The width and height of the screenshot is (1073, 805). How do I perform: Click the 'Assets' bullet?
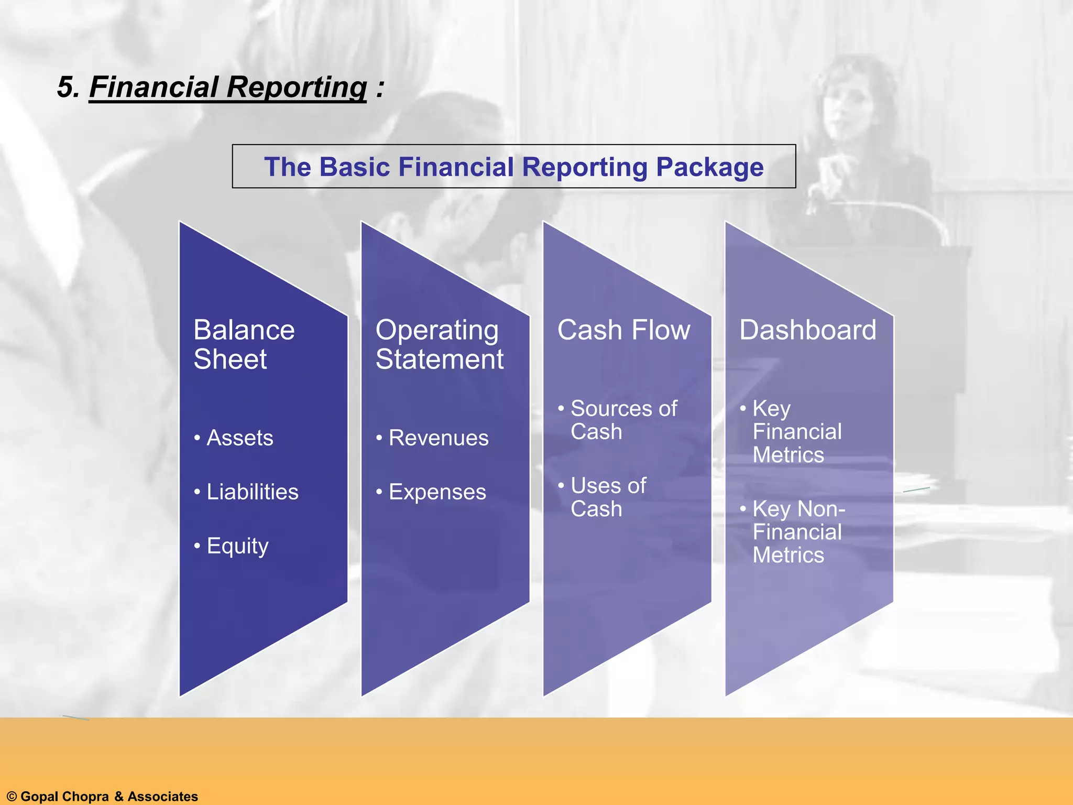(x=239, y=438)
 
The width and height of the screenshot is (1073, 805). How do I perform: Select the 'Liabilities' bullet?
(x=252, y=492)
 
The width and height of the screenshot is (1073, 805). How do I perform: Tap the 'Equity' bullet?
(x=237, y=546)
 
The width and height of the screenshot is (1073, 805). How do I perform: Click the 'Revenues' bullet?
(x=438, y=438)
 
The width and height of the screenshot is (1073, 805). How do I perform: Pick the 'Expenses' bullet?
(x=437, y=492)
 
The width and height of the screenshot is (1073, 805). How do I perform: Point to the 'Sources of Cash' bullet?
(x=623, y=420)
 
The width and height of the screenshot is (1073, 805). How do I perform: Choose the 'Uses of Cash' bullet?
(x=608, y=497)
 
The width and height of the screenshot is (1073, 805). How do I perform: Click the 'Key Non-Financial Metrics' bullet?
(x=797, y=531)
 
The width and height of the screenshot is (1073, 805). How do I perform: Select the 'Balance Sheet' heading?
(x=244, y=344)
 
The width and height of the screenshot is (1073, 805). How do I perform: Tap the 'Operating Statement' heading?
(x=439, y=344)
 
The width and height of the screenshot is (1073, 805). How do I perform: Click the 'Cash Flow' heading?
(x=623, y=330)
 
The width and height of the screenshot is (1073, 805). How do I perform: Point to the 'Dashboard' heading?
(x=807, y=330)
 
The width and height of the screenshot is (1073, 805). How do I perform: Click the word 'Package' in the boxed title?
(x=709, y=167)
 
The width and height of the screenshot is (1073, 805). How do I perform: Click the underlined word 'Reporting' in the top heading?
(x=297, y=87)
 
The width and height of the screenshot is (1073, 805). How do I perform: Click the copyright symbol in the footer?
(x=12, y=797)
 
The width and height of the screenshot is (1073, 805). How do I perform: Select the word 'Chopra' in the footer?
(x=84, y=797)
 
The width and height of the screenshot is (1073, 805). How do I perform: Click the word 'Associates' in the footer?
(x=163, y=797)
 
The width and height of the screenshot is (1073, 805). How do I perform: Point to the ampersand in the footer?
(x=118, y=797)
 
